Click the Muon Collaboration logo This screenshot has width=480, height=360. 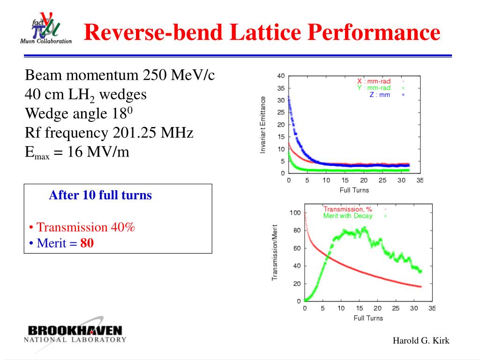click(45, 29)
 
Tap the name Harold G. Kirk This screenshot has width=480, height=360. click(421, 341)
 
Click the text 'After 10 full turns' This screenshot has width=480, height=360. click(100, 195)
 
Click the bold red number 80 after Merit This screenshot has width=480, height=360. click(87, 243)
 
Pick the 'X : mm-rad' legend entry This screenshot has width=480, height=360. click(374, 81)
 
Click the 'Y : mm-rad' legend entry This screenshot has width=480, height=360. click(374, 88)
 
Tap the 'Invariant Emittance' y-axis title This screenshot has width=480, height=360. click(263, 124)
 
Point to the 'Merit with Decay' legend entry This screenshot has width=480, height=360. click(348, 216)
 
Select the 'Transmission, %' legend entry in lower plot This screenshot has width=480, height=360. click(347, 210)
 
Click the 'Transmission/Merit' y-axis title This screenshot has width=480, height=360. click(275, 253)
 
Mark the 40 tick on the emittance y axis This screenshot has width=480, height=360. click(281, 76)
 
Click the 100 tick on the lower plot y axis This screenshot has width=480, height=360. click(295, 213)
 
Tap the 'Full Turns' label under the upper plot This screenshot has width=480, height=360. click(354, 190)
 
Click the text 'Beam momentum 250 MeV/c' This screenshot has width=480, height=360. click(119, 75)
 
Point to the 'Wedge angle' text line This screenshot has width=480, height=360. click(79, 113)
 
